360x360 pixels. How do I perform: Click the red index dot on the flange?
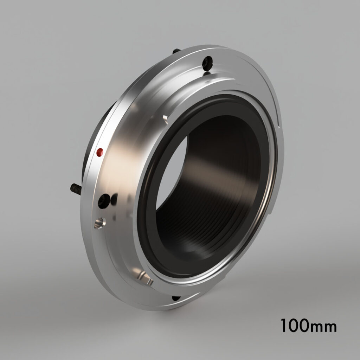(100, 152)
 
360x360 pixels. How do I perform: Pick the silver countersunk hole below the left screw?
(99, 223)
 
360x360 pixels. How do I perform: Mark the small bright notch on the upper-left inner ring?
(165, 117)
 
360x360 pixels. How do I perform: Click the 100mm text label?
(308, 326)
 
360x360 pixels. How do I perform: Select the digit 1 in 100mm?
(284, 326)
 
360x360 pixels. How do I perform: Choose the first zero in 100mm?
(294, 326)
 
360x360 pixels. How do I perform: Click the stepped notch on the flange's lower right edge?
(272, 211)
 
